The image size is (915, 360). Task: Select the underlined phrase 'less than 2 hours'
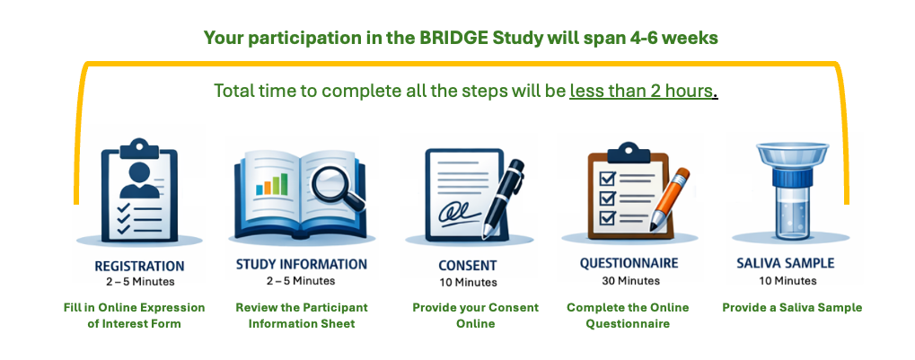[642, 92]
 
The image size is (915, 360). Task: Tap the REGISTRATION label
[139, 266]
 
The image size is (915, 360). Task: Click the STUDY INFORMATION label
[301, 264]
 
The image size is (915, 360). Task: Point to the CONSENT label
[467, 266]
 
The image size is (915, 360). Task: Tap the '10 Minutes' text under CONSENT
[467, 282]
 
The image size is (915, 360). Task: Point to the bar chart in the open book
[272, 183]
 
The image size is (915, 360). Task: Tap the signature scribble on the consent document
[455, 216]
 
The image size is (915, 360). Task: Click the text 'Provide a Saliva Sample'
[792, 307]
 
